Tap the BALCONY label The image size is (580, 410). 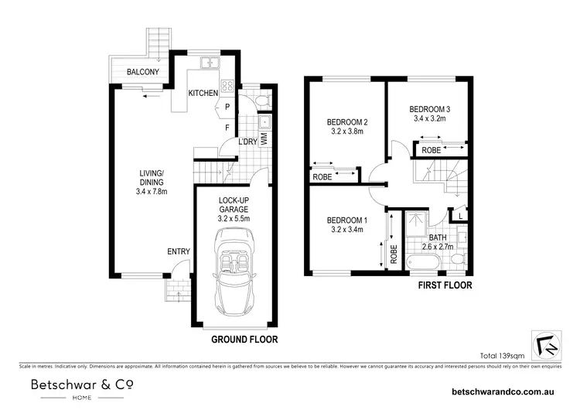tap(143, 73)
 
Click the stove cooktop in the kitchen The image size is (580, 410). tap(229, 87)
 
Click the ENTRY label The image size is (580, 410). tap(178, 251)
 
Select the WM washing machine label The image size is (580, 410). tap(264, 139)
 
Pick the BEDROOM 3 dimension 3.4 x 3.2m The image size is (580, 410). tap(430, 119)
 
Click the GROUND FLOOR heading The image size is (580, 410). tap(244, 339)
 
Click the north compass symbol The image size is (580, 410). tap(546, 342)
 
